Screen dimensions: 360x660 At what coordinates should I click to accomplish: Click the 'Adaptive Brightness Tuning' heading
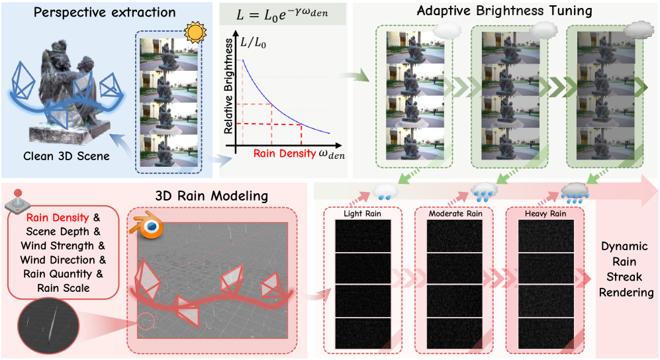click(x=504, y=11)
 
